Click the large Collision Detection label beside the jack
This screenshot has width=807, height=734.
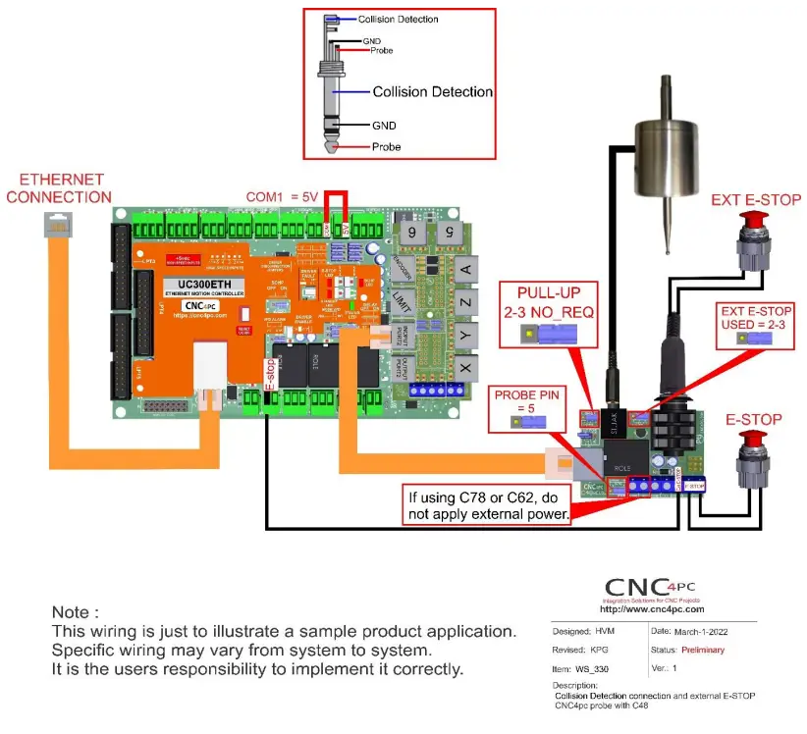(432, 91)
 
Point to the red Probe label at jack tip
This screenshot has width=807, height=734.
(386, 147)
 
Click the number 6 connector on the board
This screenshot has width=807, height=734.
(409, 233)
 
